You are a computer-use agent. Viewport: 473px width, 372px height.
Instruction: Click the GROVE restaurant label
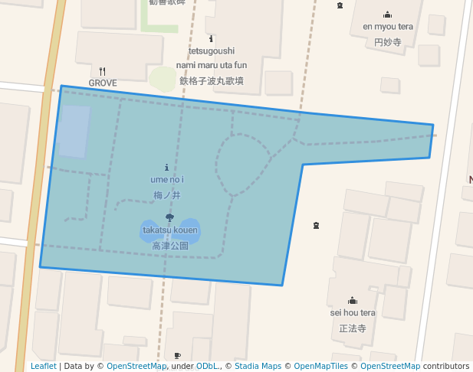[103, 83]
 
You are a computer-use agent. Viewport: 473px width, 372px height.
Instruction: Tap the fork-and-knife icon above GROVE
[102, 71]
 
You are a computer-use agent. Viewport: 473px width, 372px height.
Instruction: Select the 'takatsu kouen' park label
[169, 230]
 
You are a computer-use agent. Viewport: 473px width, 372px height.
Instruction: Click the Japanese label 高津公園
[169, 246]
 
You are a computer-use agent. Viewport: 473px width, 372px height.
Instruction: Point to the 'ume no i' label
[167, 179]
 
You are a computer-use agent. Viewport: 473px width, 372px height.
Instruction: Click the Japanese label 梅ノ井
[167, 195]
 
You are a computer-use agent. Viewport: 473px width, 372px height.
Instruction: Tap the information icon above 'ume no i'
[167, 167]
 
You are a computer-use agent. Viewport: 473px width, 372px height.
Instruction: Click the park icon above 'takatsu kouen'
[169, 218]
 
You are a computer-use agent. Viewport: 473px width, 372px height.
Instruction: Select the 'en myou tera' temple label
[387, 27]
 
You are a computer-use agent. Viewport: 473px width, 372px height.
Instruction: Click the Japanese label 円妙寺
[387, 43]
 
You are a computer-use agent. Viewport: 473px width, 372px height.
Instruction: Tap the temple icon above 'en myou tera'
[387, 15]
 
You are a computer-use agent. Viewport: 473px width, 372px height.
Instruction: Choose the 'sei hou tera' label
[353, 312]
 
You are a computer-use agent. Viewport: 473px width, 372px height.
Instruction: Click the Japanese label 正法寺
[353, 328]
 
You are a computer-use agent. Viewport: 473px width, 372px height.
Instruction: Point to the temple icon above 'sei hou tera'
[353, 300]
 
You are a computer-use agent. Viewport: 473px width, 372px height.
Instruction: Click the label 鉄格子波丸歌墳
[212, 80]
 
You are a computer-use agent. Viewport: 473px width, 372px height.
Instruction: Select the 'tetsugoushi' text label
[211, 51]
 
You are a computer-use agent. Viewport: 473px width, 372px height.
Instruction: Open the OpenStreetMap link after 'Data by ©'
[136, 366]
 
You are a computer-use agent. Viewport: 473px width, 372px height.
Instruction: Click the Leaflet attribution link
[43, 366]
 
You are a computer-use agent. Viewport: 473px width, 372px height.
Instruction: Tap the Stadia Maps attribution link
[258, 366]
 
